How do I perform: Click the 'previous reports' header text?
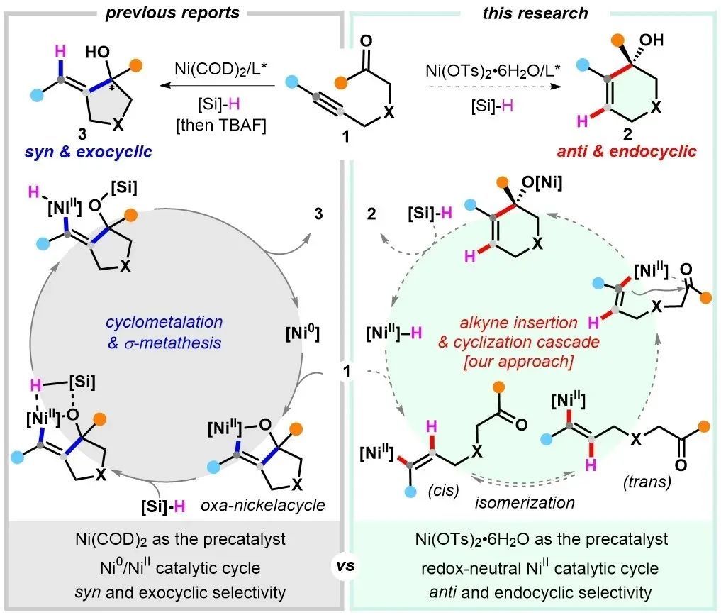coord(173,13)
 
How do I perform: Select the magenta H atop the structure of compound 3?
coord(62,50)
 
